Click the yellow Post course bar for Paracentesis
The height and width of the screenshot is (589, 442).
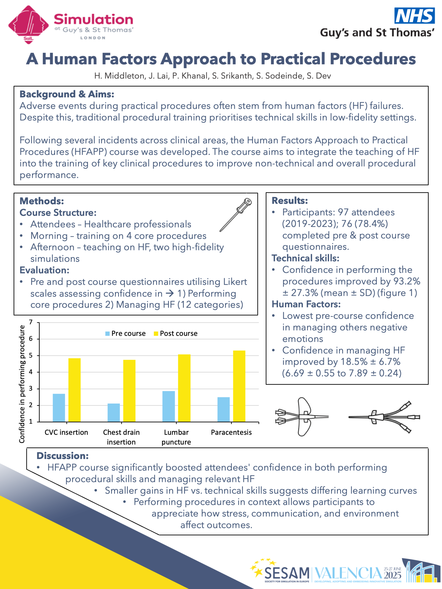tap(239, 386)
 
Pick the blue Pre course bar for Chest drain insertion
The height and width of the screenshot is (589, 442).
tap(113, 413)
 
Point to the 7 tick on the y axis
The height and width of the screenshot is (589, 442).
tap(31, 322)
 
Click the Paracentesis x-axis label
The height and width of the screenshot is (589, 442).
tap(231, 432)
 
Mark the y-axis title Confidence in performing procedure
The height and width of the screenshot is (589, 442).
tap(22, 384)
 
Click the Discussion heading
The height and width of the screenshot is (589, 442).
tap(63, 456)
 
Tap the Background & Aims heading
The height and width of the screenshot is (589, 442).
tap(67, 94)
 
